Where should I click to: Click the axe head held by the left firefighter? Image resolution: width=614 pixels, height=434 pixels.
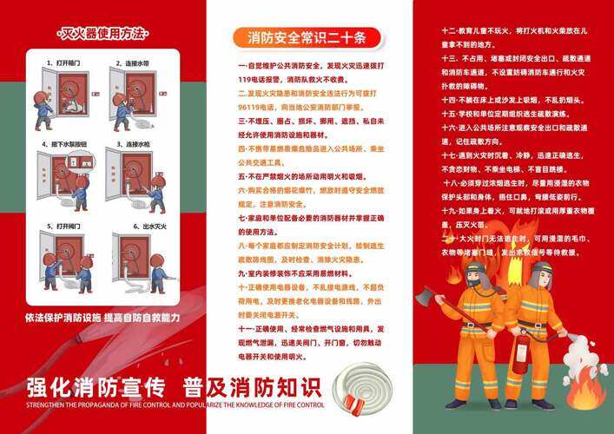coord(424,298)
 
